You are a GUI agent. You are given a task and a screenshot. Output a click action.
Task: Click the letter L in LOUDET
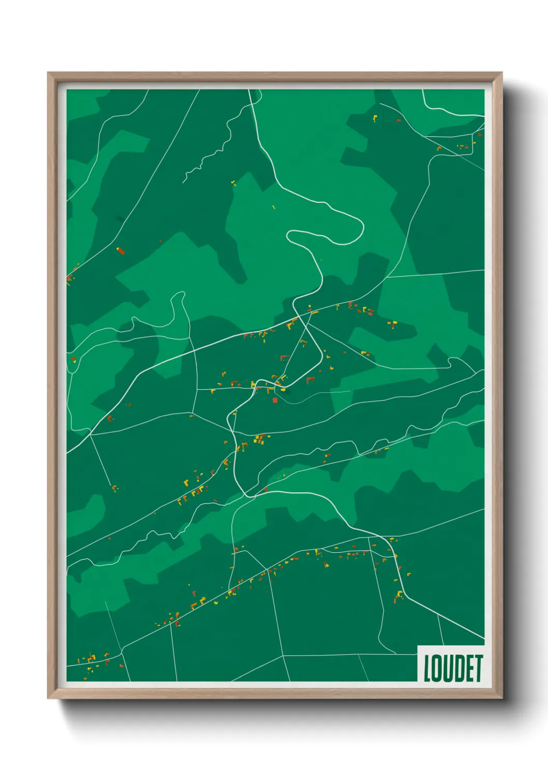pos(428,668)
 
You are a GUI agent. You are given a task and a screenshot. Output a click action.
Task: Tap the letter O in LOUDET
pos(438,668)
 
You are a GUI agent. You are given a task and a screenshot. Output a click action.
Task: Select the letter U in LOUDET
pos(449,668)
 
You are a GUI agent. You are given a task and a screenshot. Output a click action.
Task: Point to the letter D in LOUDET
pos(459,668)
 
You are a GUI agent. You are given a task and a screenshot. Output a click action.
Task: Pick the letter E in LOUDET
pos(469,668)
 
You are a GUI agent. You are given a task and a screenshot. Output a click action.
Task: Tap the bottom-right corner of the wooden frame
pos(501,697)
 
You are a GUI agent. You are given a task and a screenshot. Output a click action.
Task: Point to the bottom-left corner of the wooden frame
pos(49,697)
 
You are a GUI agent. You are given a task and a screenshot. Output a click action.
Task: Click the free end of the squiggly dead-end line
pos(183,182)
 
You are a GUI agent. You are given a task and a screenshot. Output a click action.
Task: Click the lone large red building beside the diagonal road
pos(120,251)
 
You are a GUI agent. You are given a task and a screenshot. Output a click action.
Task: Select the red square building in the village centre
pos(275,400)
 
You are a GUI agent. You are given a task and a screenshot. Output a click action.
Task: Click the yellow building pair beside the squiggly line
pos(233,182)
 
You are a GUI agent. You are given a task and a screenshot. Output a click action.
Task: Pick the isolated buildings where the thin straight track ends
pos(114,488)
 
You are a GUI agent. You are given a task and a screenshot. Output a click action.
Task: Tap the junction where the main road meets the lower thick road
pos(249,495)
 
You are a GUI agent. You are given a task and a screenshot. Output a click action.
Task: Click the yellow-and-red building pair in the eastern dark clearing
pos(392,325)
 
